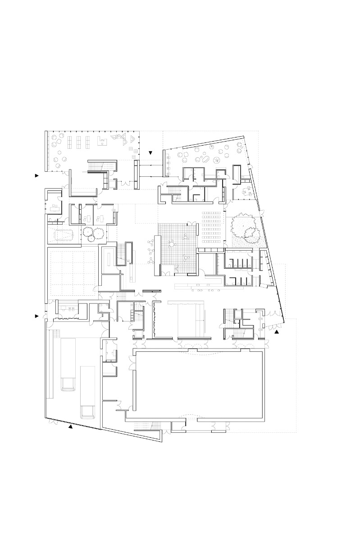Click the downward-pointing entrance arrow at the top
[151, 153]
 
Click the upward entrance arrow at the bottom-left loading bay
[70, 426]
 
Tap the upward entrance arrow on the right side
[277, 331]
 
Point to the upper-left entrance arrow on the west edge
[37, 176]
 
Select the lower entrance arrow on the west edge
[37, 316]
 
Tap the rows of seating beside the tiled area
[211, 228]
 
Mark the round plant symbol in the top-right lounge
[217, 160]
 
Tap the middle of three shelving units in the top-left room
[78, 142]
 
